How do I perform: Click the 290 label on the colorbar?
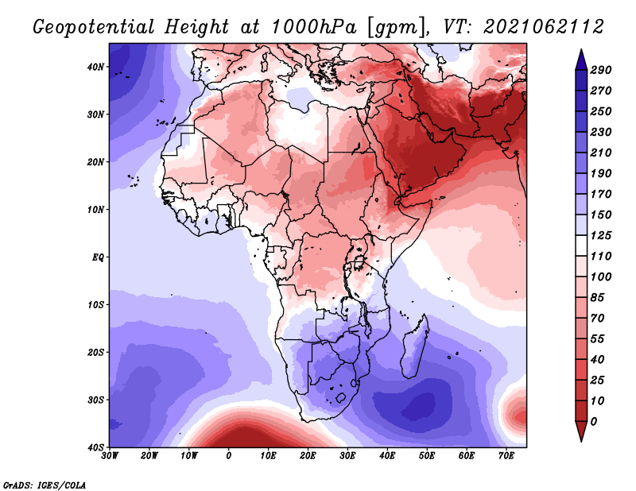coord(599,71)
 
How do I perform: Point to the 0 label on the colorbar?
coord(595,421)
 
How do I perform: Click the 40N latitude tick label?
coord(95,67)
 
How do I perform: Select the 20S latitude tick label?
coord(95,352)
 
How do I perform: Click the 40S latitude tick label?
coord(95,447)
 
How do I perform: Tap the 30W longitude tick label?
coord(111,456)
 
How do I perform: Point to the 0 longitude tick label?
coord(229,456)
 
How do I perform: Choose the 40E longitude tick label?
coord(387,456)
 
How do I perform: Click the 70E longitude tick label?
coord(506,456)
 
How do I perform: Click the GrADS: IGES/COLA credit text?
coord(45,484)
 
